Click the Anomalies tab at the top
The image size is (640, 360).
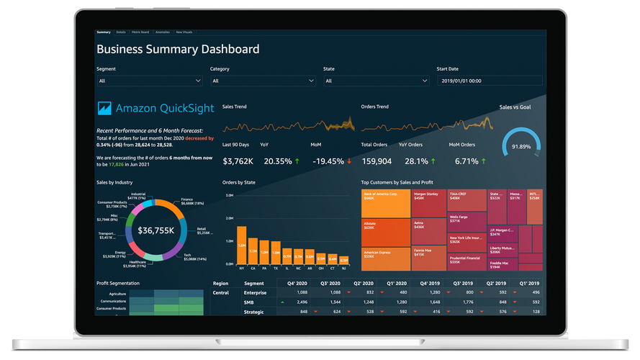pos(162,32)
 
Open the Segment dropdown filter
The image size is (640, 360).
pos(150,81)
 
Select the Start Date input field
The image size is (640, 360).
pos(490,81)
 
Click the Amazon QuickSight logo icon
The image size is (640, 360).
pos(104,108)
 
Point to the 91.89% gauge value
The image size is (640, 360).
pos(520,146)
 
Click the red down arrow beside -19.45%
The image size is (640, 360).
pos(349,161)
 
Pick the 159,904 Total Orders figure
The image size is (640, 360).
pos(377,161)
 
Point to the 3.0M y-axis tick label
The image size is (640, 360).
pos(229,195)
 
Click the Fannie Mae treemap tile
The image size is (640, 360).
pos(428,252)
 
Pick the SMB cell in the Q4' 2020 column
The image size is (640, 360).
pos(302,302)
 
